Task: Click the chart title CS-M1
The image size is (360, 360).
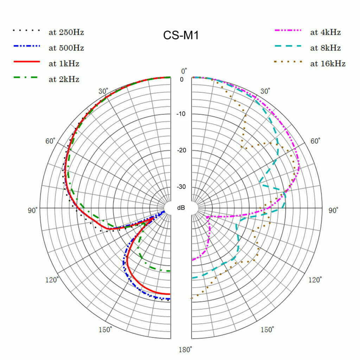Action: [181, 35]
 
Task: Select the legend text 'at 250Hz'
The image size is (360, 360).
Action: [66, 33]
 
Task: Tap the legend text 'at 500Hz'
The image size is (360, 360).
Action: [66, 48]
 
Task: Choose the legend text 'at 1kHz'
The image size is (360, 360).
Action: [64, 64]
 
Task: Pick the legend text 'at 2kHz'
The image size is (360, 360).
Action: [64, 79]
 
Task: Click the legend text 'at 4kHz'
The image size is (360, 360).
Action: [325, 32]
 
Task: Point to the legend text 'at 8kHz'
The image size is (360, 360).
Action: [325, 48]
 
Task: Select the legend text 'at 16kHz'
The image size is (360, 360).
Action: [328, 64]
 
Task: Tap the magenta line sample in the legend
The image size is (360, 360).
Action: [288, 31]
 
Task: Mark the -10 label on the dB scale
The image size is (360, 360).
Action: [181, 114]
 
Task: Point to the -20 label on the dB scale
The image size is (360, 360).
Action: [181, 150]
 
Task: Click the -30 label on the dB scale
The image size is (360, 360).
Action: [181, 187]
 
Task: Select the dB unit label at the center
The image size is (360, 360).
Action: [181, 208]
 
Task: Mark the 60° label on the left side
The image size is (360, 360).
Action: [50, 141]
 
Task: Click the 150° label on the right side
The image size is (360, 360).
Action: [268, 329]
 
